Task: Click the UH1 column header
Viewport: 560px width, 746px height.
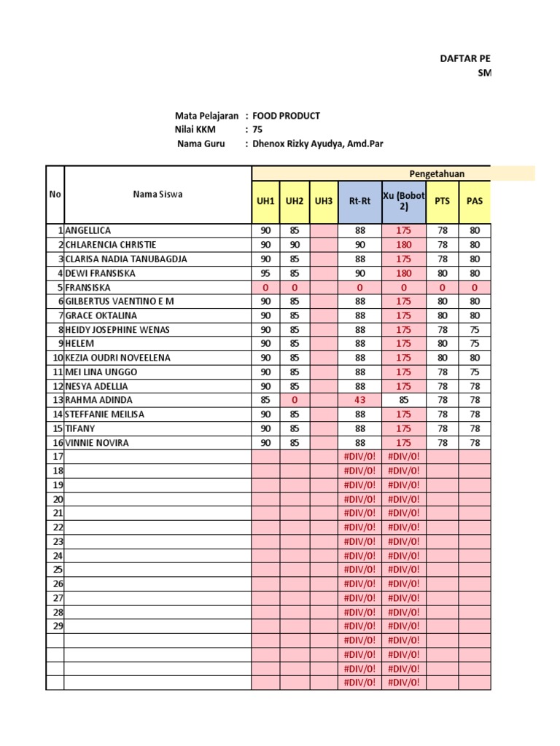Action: tap(265, 201)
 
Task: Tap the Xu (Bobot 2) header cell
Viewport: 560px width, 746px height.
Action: tap(404, 201)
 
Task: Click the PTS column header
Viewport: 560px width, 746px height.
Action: tap(442, 201)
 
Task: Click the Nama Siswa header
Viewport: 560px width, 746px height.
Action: tap(157, 195)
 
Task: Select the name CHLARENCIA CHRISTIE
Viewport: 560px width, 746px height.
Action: tap(111, 245)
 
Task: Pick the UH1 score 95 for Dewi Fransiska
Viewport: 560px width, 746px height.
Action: tap(265, 273)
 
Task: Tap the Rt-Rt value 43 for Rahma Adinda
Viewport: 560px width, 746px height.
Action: tap(360, 400)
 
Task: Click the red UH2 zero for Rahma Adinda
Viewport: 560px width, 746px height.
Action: tap(294, 400)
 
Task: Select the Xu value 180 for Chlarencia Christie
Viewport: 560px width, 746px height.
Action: tap(404, 245)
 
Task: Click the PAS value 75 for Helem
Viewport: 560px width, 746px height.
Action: tap(475, 344)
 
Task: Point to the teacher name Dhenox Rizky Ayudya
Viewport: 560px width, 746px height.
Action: tap(317, 144)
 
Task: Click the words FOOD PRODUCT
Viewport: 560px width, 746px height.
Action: tap(286, 116)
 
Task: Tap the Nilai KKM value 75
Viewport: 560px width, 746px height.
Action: tap(257, 130)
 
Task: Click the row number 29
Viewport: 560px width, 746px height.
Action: tap(58, 626)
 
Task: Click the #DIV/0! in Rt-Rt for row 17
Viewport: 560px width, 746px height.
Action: tap(360, 457)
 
